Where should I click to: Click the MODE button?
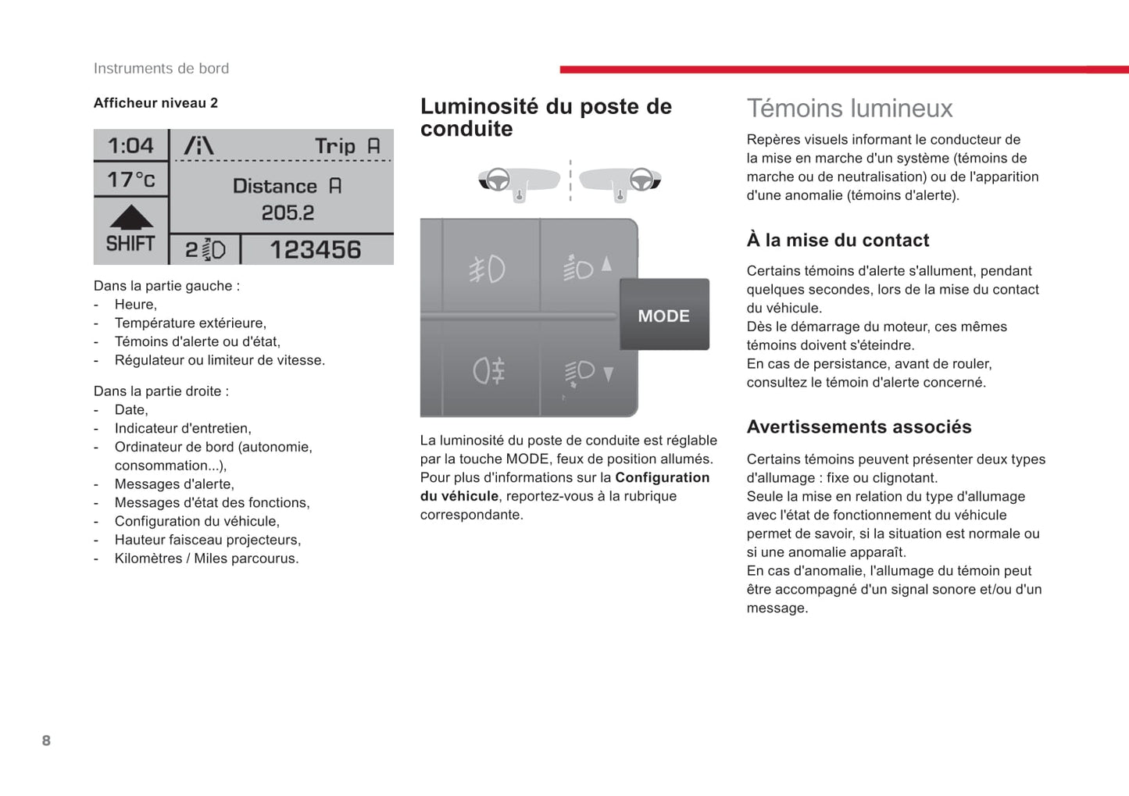point(664,316)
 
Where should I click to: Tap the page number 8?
point(46,741)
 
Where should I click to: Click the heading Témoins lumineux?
point(849,109)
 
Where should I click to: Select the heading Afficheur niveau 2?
point(155,103)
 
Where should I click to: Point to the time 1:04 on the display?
point(130,146)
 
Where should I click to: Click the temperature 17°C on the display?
point(130,180)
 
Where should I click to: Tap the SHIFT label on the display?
point(130,244)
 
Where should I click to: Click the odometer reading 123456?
point(315,250)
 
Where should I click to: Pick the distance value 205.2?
point(288,212)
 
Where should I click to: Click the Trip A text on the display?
point(347,146)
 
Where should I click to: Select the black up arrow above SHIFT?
point(131,216)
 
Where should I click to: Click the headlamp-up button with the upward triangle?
point(587,267)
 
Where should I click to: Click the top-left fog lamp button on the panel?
point(488,269)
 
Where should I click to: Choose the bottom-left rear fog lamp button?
point(489,370)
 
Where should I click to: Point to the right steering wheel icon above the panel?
point(641,180)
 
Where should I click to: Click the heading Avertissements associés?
point(859,427)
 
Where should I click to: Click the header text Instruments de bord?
point(161,69)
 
